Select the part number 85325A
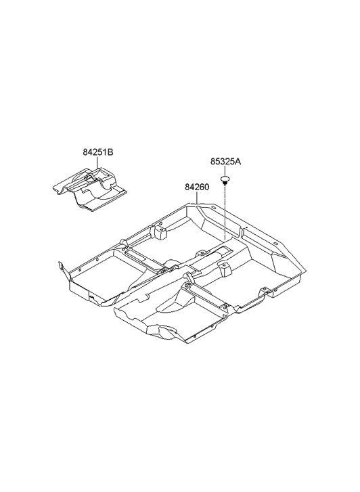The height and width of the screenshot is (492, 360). pyautogui.click(x=225, y=162)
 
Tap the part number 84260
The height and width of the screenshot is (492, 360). pyautogui.click(x=196, y=186)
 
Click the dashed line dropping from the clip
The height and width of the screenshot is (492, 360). pyautogui.click(x=224, y=210)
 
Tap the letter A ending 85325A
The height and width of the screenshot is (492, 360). pyautogui.click(x=238, y=162)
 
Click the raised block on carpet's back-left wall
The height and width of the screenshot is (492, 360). pyautogui.click(x=160, y=232)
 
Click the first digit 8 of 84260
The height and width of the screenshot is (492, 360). pyautogui.click(x=187, y=186)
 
